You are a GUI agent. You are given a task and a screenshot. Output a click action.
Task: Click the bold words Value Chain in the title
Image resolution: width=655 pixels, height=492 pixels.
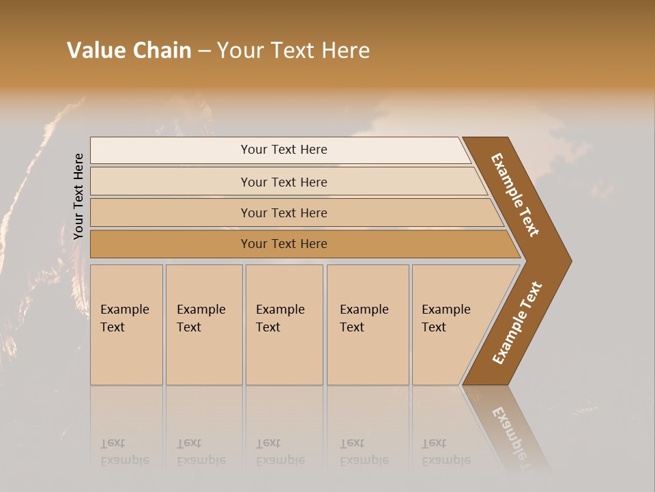click(x=129, y=51)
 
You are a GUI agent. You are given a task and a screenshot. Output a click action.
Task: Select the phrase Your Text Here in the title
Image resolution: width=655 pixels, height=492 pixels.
click(x=293, y=51)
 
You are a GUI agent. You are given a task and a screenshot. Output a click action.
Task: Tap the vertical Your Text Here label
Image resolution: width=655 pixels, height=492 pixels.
click(x=78, y=196)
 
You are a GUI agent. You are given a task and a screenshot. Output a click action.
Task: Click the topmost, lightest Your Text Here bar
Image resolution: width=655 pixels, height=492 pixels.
click(x=284, y=150)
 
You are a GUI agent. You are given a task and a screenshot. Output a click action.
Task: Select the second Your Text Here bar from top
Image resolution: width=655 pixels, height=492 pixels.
click(x=284, y=182)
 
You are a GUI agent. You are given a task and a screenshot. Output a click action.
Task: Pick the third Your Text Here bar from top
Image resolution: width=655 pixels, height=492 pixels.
click(x=284, y=213)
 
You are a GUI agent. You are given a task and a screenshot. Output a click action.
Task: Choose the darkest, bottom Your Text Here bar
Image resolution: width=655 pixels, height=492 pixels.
click(x=284, y=244)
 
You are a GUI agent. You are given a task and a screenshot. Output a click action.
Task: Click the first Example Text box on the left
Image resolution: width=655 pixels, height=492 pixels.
click(x=126, y=325)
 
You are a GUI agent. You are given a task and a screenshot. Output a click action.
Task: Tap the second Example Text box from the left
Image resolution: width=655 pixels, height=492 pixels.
click(x=203, y=325)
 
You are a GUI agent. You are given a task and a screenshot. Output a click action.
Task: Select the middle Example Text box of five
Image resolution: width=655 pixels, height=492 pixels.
click(x=284, y=325)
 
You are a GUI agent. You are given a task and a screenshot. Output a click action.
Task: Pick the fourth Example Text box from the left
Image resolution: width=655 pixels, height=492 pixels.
click(x=367, y=325)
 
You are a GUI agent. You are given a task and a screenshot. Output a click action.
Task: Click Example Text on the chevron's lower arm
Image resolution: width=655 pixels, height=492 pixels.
click(x=517, y=323)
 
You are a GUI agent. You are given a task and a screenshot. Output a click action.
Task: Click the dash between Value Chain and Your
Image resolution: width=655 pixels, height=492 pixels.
click(x=204, y=51)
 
